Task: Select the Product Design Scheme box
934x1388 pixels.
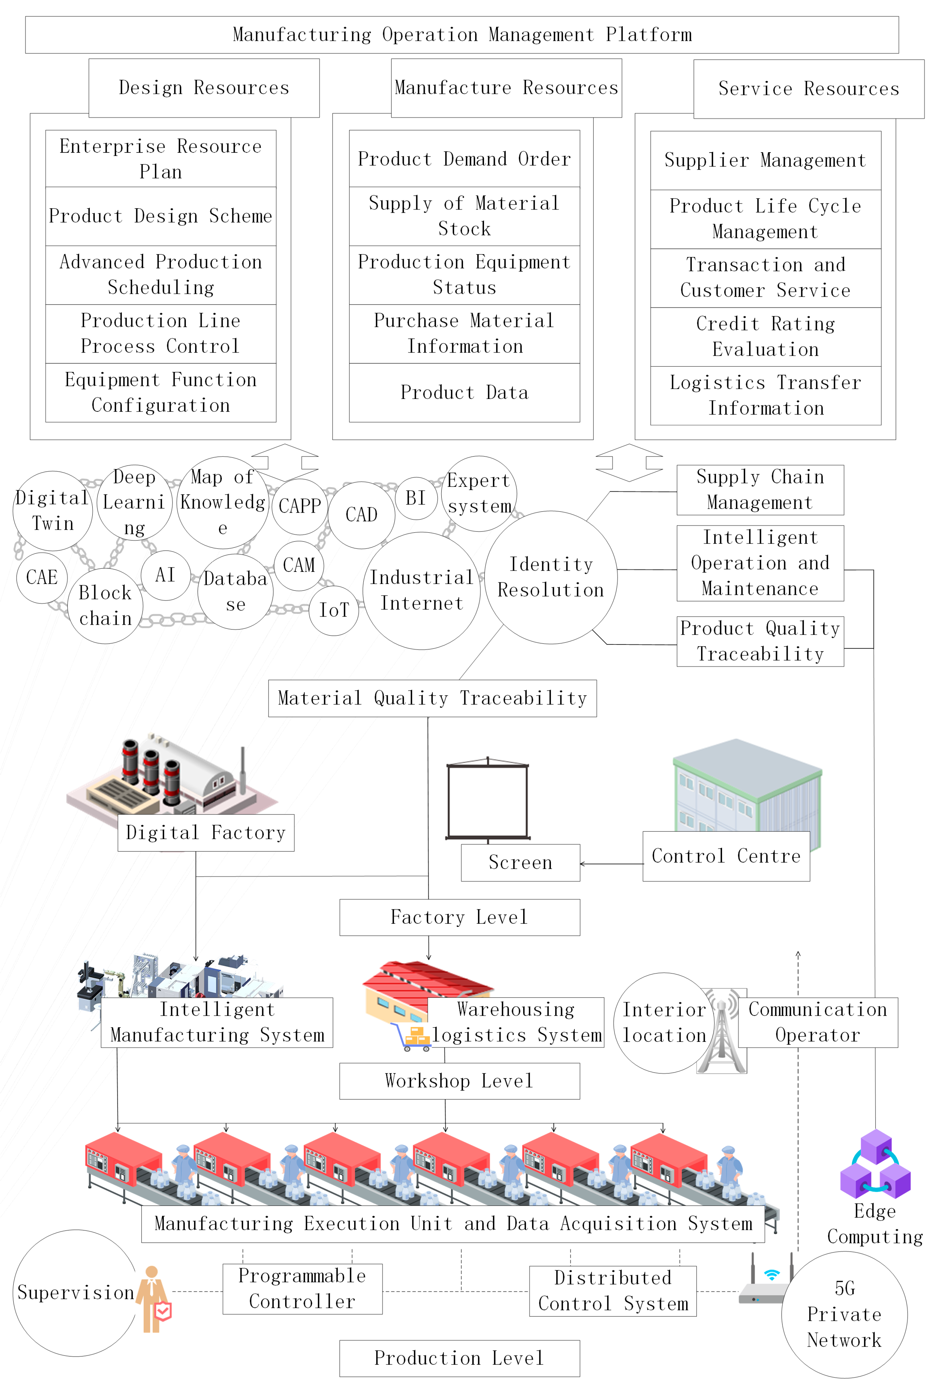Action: point(160,216)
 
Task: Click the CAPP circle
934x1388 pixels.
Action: point(300,506)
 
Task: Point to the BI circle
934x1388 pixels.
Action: point(416,498)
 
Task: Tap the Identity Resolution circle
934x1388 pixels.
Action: point(551,577)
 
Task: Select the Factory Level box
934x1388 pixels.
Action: point(459,917)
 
